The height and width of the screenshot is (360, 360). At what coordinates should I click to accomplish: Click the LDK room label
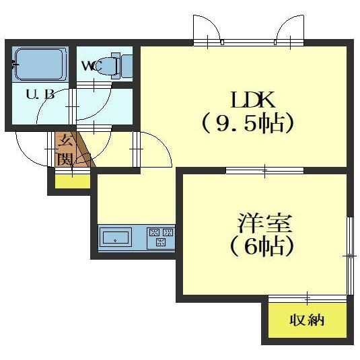(252, 101)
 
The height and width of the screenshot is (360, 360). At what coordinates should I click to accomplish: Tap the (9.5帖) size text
(249, 124)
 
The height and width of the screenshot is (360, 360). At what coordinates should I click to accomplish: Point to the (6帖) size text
(262, 246)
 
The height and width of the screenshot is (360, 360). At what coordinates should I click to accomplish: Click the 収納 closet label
(307, 320)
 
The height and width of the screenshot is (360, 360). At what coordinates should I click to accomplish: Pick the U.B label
(40, 94)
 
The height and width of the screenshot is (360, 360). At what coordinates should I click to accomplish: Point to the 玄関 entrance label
(66, 150)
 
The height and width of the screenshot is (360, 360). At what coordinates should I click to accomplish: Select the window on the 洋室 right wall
(349, 256)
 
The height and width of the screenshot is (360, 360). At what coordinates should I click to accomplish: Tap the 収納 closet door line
(308, 297)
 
